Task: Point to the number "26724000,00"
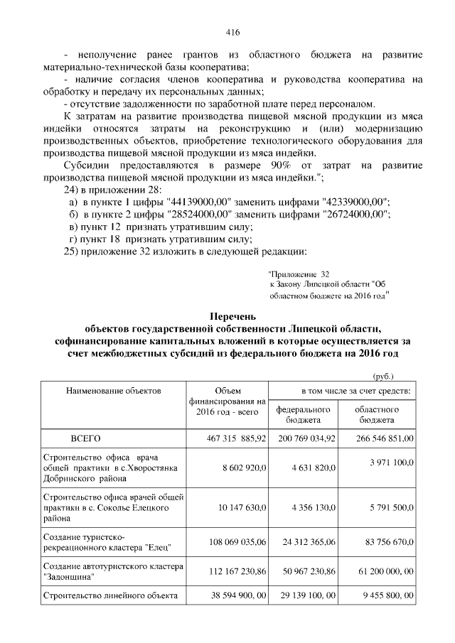(x=355, y=214)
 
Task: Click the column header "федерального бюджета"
(x=303, y=415)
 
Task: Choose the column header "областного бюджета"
(x=377, y=415)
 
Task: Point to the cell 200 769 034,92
(x=304, y=438)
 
